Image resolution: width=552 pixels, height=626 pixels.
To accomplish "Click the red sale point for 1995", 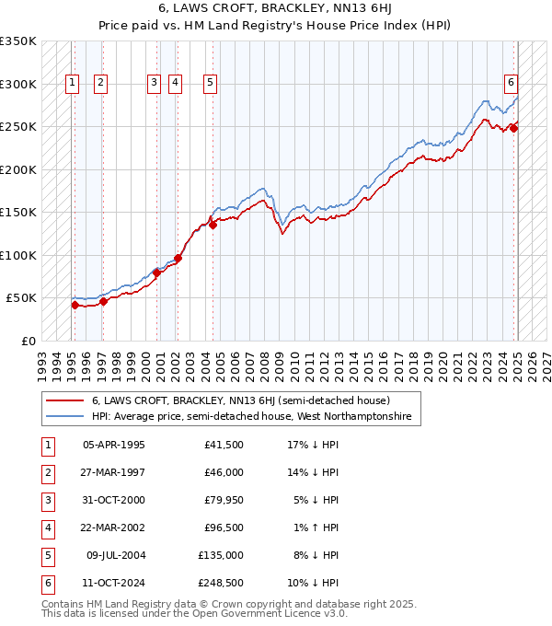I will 75,305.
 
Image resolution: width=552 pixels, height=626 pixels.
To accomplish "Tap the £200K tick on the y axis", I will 18,169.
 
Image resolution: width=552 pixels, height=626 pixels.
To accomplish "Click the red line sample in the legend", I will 64,401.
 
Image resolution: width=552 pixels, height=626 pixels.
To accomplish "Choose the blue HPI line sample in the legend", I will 64,417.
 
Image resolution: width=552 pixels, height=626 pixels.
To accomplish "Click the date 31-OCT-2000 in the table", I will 113,501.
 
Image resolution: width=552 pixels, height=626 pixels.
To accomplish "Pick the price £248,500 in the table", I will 220,584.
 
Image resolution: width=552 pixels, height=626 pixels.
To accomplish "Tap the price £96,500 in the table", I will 223,528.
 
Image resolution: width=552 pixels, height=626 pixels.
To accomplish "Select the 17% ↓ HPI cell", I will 313,446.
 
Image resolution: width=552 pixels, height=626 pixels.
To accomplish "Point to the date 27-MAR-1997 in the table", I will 113,473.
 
